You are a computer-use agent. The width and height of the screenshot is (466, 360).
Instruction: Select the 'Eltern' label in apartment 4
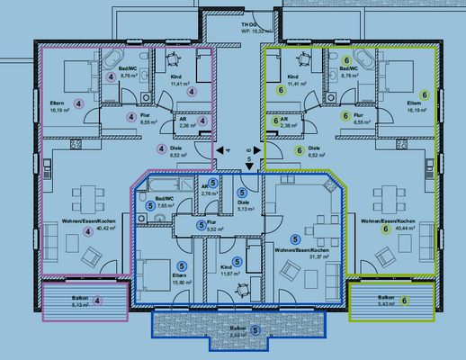56,103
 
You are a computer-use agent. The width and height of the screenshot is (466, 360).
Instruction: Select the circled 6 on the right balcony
404,300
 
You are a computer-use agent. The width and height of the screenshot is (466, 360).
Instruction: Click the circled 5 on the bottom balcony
255,332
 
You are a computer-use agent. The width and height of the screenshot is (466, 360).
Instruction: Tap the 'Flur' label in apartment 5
211,221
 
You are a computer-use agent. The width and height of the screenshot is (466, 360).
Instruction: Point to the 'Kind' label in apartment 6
291,76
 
